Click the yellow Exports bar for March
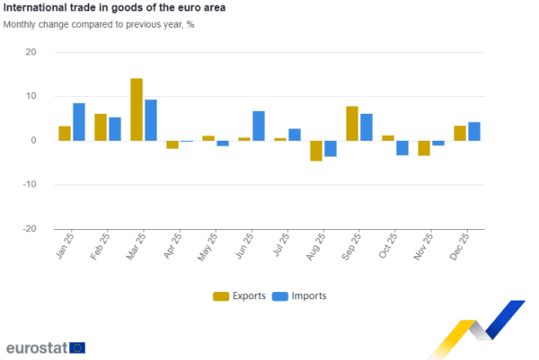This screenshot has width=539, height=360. (137, 109)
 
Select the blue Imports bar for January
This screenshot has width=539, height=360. (78, 121)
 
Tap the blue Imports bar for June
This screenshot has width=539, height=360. (259, 126)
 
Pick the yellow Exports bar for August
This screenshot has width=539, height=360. (315, 151)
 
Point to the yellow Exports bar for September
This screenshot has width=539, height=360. (351, 123)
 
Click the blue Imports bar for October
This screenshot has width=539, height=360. (402, 148)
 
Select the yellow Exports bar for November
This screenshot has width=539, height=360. (424, 148)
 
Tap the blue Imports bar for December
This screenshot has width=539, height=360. (474, 131)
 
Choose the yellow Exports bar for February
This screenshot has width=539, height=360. (100, 127)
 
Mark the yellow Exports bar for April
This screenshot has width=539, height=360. (172, 145)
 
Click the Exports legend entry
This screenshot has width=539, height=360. (239, 296)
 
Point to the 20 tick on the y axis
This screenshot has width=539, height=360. (31, 53)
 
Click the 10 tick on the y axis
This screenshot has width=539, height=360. (31, 97)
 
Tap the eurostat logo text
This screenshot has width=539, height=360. (36, 347)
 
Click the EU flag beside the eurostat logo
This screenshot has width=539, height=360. (77, 347)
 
